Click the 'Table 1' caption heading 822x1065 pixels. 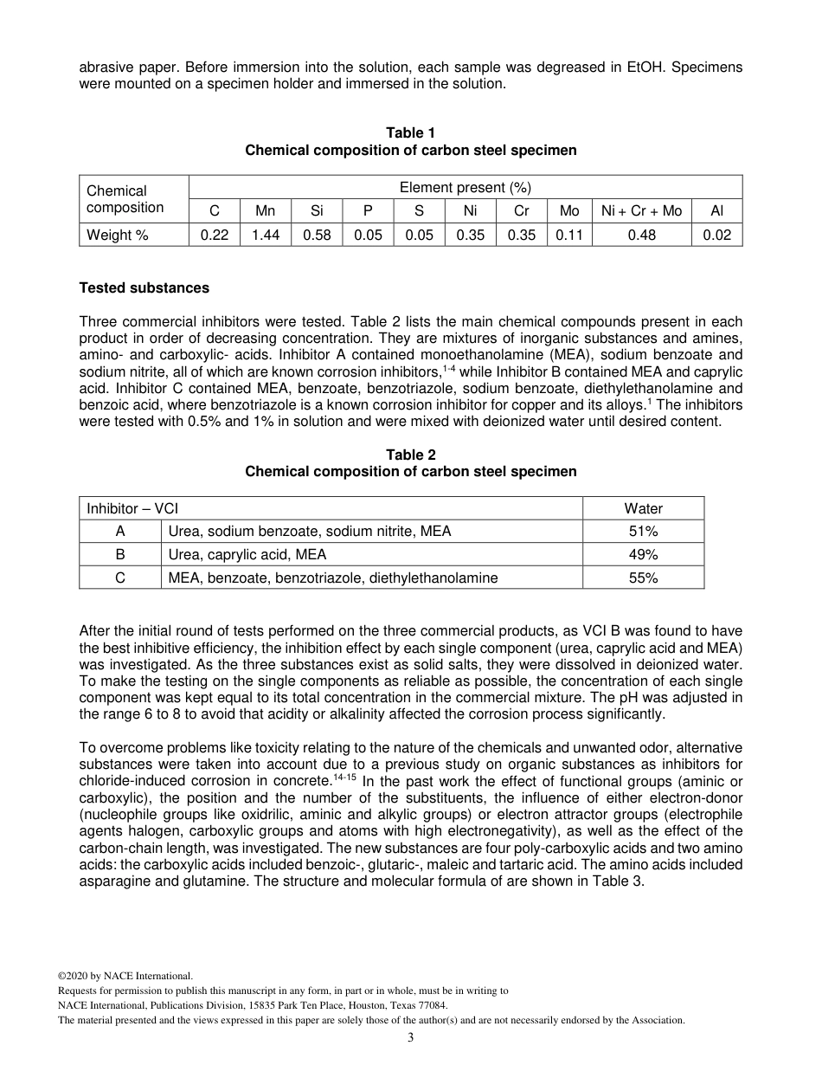410,132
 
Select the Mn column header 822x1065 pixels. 266,211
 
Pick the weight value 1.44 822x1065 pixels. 266,235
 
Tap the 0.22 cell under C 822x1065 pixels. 215,235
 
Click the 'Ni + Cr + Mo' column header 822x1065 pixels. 641,211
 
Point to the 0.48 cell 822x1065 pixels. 641,235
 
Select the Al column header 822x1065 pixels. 716,211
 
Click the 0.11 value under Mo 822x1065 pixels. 569,235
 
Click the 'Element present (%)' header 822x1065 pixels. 465,187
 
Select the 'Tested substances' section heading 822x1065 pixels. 144,287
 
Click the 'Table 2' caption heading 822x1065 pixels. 410,455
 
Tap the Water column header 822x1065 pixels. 643,508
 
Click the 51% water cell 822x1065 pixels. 643,531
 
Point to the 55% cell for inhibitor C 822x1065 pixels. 643,578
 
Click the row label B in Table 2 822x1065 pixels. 120,554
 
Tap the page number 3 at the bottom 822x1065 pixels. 410,1038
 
